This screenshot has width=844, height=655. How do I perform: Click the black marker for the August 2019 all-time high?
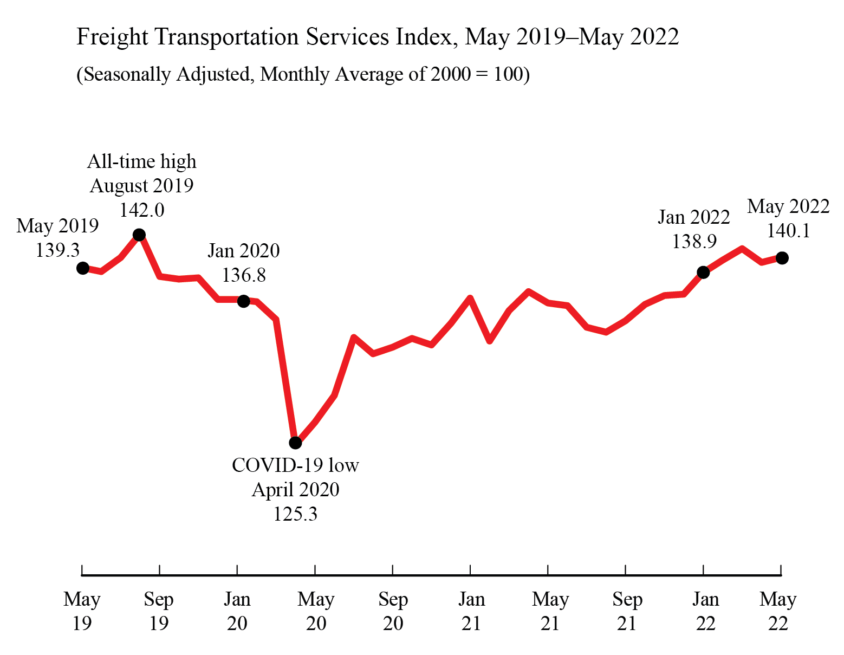[x=139, y=235]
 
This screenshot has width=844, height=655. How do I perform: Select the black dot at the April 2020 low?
[x=295, y=443]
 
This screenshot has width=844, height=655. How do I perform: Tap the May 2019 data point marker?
[x=83, y=268]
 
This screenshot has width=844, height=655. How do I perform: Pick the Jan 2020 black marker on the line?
[x=244, y=301]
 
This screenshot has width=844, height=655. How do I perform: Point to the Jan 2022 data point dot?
[x=703, y=272]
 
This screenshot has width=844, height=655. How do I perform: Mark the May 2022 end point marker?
[x=782, y=258]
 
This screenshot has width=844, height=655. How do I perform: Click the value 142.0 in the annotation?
[x=142, y=210]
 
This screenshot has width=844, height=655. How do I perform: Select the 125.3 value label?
[x=295, y=514]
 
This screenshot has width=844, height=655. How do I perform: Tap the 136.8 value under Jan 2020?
[x=244, y=275]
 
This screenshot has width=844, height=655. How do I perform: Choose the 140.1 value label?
[x=788, y=231]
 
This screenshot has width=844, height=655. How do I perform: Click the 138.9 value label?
[x=694, y=241]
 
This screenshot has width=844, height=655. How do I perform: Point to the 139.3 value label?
[x=57, y=250]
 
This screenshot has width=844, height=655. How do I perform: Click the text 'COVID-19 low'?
[x=295, y=465]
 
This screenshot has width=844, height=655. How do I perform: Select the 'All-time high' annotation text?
[x=142, y=161]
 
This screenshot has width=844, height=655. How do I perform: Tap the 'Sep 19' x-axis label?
[x=159, y=611]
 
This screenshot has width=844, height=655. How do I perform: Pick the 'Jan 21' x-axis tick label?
[x=471, y=611]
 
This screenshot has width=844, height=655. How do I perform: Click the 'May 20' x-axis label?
[x=316, y=611]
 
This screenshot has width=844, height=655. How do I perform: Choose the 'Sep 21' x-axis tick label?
[x=627, y=611]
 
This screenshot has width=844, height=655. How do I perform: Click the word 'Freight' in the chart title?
[x=112, y=37]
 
